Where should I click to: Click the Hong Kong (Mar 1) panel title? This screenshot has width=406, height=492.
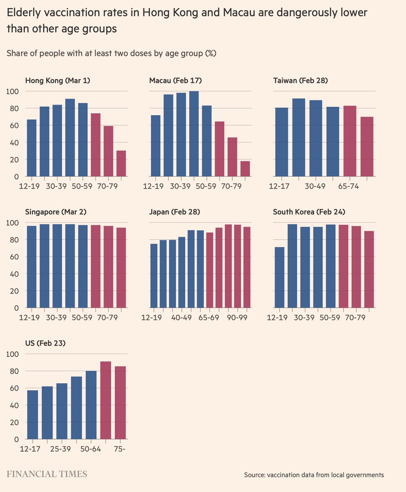57,80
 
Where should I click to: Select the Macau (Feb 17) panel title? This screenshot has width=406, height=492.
176,80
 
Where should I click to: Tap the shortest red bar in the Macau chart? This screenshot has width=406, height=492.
245,169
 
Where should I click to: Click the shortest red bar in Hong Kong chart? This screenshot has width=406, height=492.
121,163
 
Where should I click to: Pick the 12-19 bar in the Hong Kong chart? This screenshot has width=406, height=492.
32,148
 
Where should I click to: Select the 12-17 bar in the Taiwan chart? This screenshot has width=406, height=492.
281,142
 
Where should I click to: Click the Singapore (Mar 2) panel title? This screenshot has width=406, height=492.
56,212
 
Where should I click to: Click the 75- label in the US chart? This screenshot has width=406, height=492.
120,449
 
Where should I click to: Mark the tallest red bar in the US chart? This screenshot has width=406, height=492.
106,400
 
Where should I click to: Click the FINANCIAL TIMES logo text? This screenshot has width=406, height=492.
47,474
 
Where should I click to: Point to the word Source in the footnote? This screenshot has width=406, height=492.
254,475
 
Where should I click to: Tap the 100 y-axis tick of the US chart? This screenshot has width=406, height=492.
13,354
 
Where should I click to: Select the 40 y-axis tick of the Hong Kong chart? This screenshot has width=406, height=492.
15,142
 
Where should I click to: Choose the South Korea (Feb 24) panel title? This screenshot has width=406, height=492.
309,212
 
